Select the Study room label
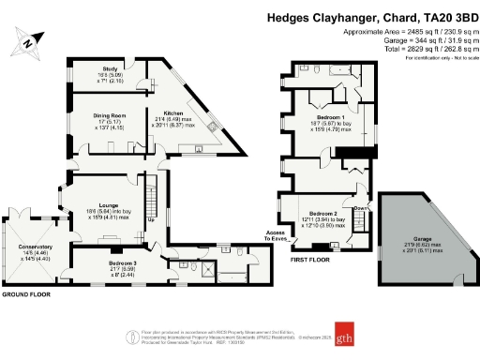[x=112, y=71]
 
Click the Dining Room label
[x=110, y=116]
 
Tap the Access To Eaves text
[x=275, y=236]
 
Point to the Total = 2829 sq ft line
[x=405, y=50]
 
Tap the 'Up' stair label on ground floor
[x=151, y=221]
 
